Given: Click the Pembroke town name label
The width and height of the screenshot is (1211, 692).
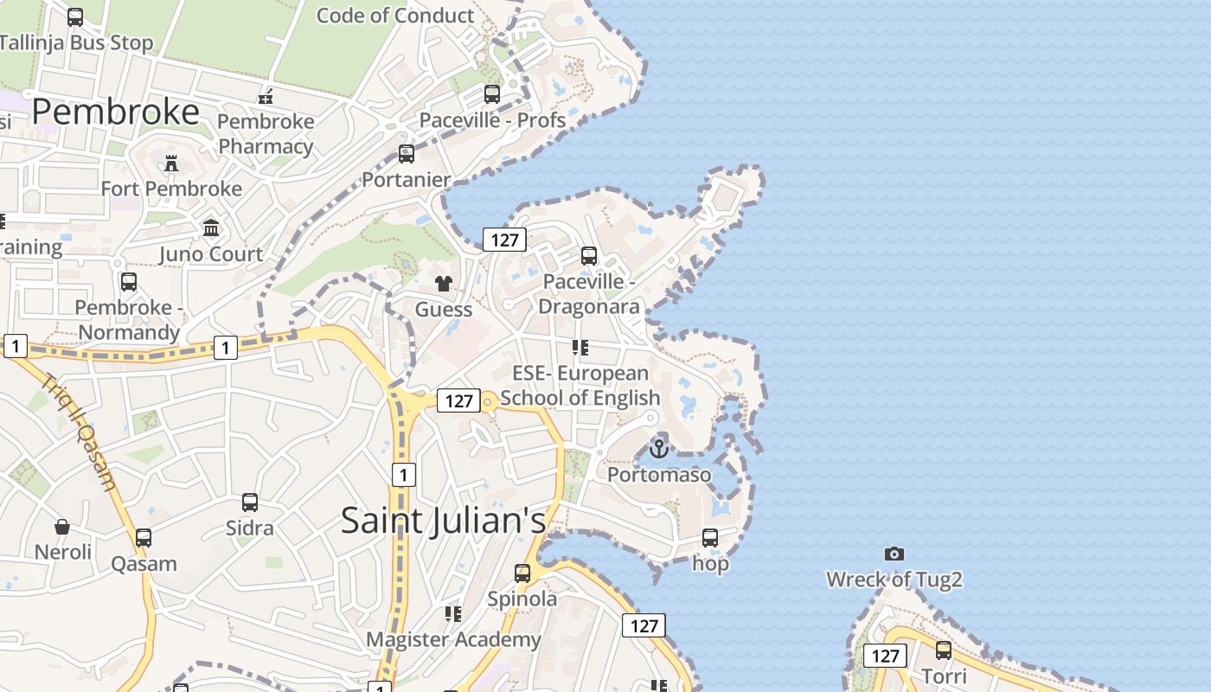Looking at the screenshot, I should click(x=116, y=112).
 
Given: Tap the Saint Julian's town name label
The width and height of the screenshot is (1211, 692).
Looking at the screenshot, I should click(x=443, y=521).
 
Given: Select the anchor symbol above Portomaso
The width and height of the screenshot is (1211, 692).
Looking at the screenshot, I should click(x=659, y=449).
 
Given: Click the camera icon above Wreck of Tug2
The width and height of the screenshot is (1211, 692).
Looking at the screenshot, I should click(x=894, y=554).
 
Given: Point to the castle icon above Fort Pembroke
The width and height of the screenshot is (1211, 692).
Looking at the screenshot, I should click(x=171, y=163).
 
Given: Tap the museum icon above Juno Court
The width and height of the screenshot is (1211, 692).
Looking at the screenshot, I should click(x=211, y=228).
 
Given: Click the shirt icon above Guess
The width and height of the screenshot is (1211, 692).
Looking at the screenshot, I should click(x=444, y=283).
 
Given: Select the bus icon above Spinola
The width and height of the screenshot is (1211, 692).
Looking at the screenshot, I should click(x=522, y=573).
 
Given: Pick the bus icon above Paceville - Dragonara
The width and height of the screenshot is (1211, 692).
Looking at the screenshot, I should click(x=589, y=255).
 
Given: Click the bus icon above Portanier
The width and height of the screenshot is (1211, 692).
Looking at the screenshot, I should click(x=407, y=154).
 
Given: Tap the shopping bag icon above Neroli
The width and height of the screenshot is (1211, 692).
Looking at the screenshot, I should click(x=62, y=526).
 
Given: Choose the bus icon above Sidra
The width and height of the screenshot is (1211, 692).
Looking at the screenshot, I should click(x=250, y=502).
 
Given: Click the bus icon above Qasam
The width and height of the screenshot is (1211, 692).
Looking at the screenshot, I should click(x=144, y=538).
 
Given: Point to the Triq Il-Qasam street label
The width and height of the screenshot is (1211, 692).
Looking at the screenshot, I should click(x=78, y=432).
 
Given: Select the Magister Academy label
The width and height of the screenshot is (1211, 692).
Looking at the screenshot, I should click(x=453, y=640).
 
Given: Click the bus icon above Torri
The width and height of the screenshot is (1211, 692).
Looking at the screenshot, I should click(x=943, y=650).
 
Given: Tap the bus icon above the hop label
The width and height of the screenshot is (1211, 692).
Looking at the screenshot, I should click(x=710, y=538).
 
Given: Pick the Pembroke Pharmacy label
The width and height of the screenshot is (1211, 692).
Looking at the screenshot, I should click(x=266, y=133).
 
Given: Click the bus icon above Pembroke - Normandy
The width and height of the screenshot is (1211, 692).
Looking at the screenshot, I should click(x=129, y=282).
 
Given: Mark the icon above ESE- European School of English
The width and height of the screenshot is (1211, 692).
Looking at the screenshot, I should click(x=580, y=348).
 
